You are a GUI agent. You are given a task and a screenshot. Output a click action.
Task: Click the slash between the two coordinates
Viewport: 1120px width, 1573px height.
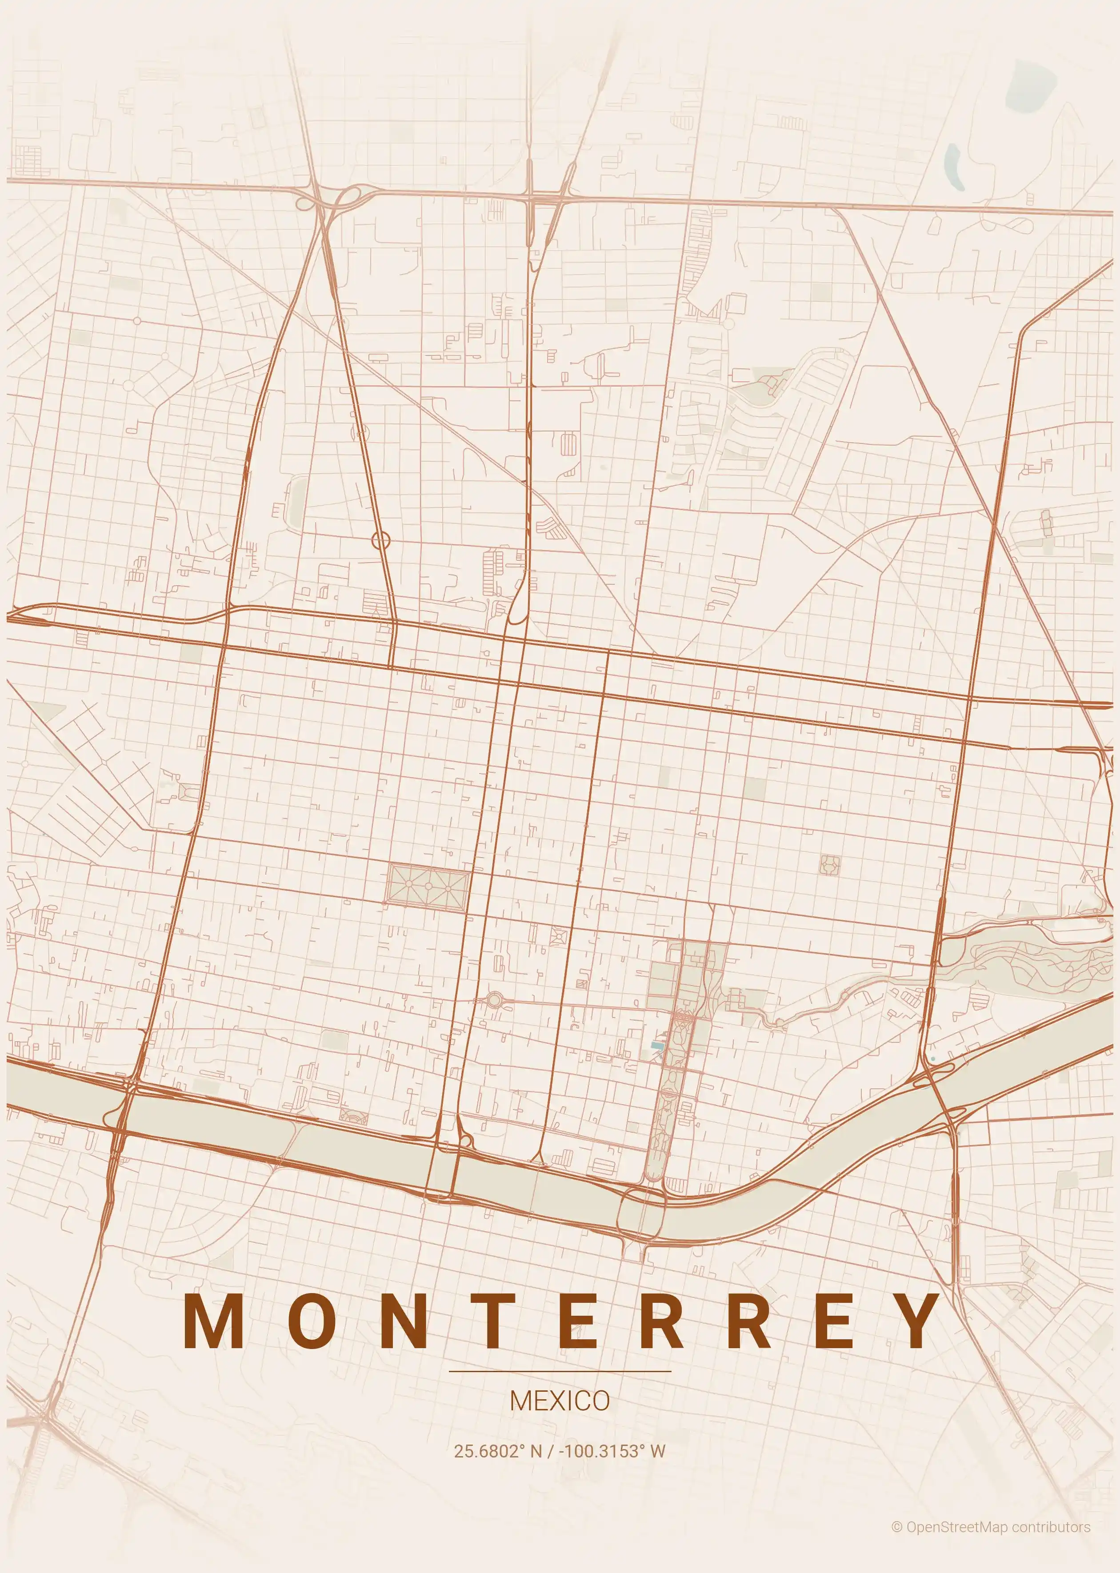coord(550,1450)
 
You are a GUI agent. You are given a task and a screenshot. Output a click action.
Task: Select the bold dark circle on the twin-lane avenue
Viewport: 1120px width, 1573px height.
coord(381,540)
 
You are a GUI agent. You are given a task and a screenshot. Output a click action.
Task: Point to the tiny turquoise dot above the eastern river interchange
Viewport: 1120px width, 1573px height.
coord(933,1058)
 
